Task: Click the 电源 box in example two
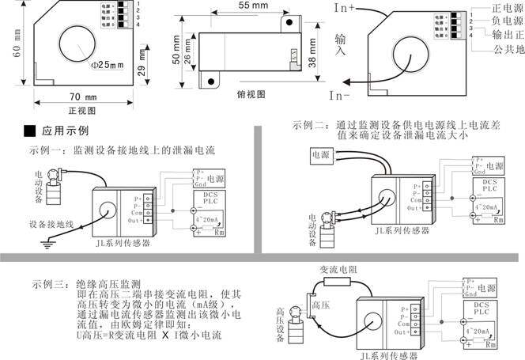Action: (x=322, y=155)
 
